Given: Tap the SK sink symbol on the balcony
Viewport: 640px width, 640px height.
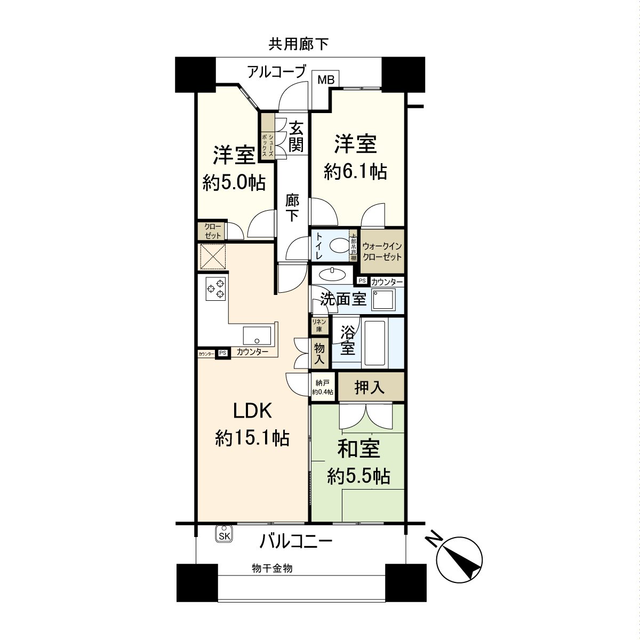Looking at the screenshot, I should [223, 535].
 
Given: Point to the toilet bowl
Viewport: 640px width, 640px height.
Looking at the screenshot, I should [338, 246].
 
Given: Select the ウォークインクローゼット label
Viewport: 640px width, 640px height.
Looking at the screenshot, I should [382, 251].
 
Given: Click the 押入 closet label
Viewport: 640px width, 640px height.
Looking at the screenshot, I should [370, 388].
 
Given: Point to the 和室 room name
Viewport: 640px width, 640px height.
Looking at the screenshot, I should [358, 449].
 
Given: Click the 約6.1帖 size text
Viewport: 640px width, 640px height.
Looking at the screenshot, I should [356, 171].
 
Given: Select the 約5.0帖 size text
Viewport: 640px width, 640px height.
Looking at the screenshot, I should [234, 182].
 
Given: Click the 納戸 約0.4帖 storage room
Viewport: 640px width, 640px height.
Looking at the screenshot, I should [323, 387].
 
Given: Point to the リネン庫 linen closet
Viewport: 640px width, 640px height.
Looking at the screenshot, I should [319, 326].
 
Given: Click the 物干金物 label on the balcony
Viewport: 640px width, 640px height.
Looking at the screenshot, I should [272, 569].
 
